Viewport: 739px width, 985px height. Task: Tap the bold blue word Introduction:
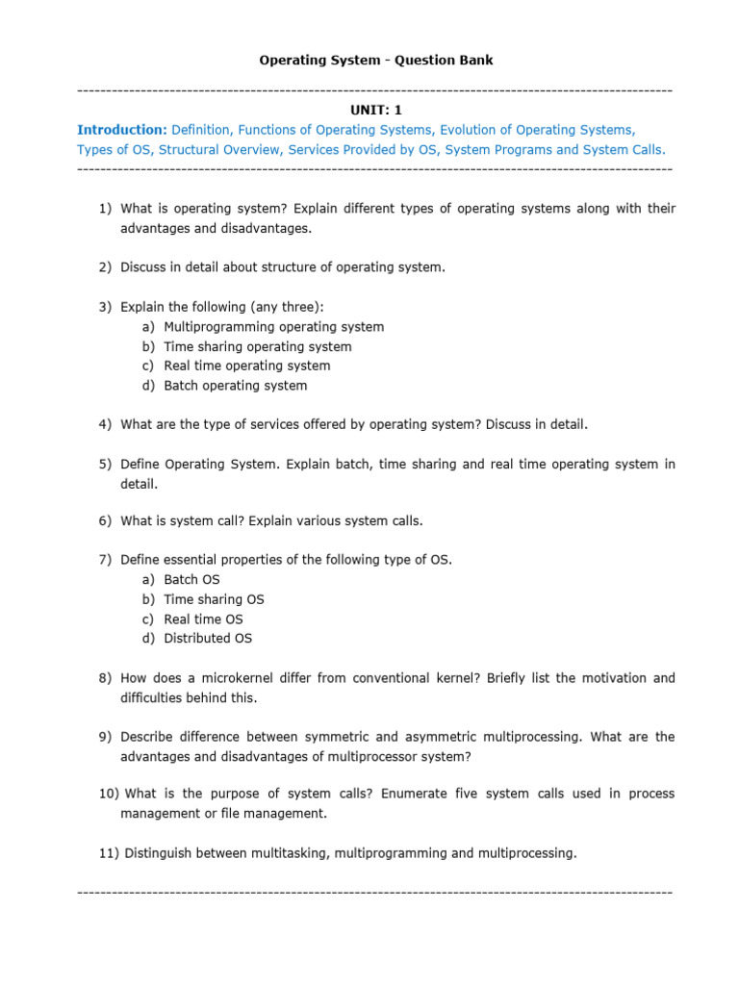[x=121, y=129]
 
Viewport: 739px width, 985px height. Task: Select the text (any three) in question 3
[x=287, y=307]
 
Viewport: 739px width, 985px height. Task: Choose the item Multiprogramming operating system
[x=273, y=327]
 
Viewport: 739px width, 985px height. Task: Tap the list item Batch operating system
[x=236, y=386]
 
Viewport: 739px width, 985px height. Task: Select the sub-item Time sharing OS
[x=214, y=599]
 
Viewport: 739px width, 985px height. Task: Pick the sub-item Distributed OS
[x=208, y=638]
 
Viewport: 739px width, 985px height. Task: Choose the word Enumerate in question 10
[x=413, y=794]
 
